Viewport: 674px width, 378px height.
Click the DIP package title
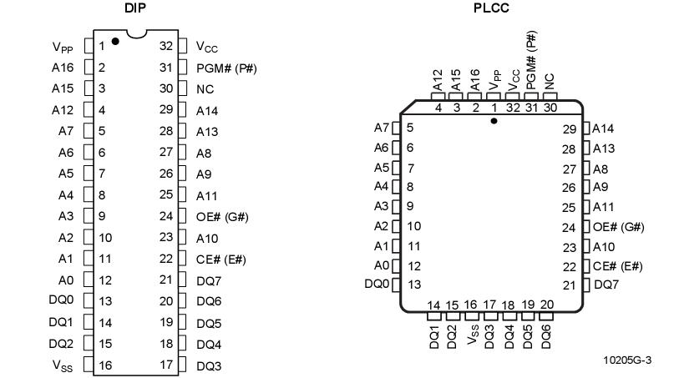135,8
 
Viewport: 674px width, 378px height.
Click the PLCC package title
491,8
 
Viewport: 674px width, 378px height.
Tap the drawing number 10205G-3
627,360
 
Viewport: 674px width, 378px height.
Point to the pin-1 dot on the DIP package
115,41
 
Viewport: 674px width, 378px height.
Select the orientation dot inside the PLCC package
494,121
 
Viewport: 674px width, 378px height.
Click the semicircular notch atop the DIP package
137,34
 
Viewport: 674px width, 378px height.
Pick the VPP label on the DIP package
63,48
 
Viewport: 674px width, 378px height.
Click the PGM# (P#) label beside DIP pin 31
226,68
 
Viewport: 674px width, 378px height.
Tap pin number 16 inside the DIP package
105,365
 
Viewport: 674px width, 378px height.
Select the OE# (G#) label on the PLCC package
619,227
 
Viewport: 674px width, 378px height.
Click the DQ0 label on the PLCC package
377,284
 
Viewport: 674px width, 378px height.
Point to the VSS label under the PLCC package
473,335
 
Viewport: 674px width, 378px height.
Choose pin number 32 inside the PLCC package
513,108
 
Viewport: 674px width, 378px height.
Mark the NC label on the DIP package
205,89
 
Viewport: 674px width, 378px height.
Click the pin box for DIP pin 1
89,46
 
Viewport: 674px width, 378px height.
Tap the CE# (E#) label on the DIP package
221,260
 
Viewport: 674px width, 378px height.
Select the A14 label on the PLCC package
603,129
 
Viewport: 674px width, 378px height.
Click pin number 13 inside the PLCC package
414,285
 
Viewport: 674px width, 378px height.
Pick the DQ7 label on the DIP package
209,281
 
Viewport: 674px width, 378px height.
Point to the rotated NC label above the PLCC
550,82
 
